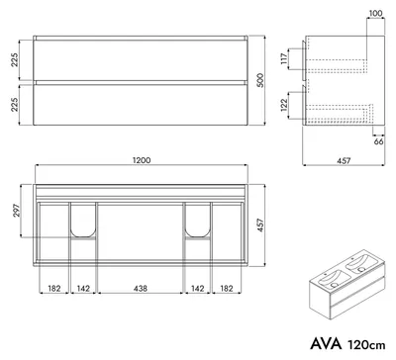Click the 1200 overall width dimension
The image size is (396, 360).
click(142, 160)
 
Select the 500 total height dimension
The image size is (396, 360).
click(260, 80)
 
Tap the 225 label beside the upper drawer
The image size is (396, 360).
click(15, 59)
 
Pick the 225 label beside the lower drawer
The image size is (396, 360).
click(15, 105)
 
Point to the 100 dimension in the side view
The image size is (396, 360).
click(375, 14)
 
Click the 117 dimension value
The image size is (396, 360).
click(284, 58)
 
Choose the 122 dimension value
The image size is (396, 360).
click(284, 105)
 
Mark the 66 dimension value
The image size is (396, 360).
click(379, 141)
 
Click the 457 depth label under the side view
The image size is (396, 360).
click(344, 161)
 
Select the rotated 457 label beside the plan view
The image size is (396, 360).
click(260, 225)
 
